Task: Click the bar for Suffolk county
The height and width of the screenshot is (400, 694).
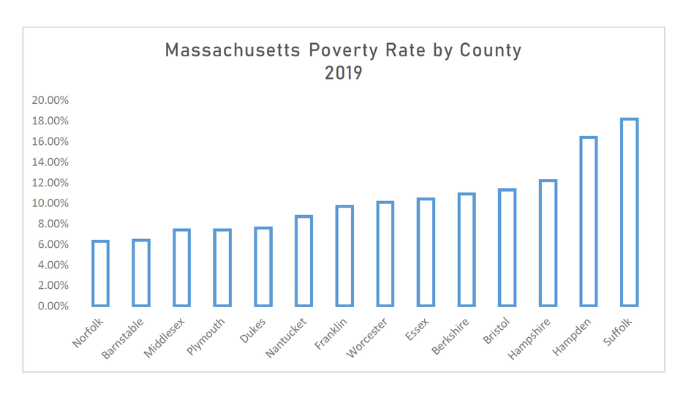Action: [629, 212]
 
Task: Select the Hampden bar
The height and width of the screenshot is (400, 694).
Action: [588, 221]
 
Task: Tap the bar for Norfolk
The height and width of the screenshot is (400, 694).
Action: [100, 273]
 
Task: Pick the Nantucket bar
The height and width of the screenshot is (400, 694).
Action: [303, 260]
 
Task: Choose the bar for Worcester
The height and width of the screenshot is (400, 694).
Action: [385, 254]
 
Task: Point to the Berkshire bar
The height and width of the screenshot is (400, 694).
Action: [466, 249]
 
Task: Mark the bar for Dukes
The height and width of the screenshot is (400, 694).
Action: [263, 266]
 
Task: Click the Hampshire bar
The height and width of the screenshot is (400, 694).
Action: [548, 243]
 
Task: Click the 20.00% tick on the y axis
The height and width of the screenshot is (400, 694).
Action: [50, 100]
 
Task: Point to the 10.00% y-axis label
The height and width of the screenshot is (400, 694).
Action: [50, 203]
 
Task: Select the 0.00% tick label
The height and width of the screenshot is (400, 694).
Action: [53, 306]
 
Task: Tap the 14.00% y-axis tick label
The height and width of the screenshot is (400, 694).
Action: [50, 162]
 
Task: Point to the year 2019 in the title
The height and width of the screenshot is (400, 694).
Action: [344, 73]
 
